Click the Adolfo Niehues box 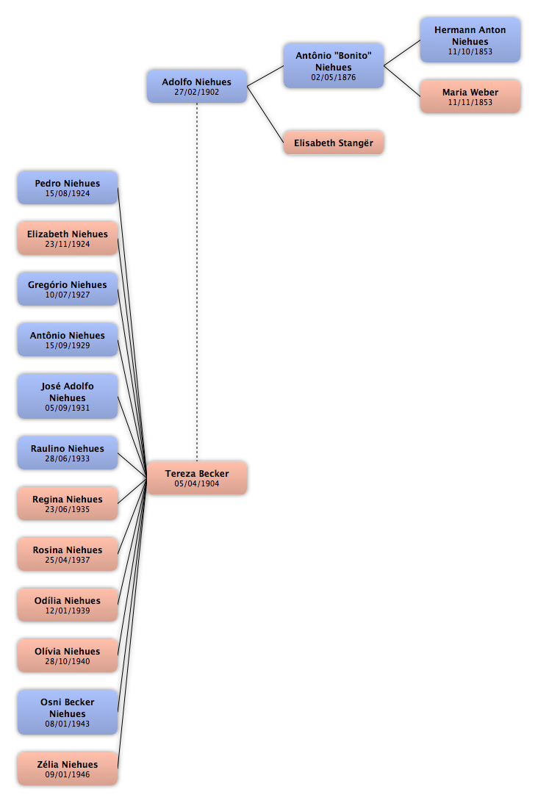(197, 86)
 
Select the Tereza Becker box (197, 478)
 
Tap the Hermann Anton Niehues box (470, 40)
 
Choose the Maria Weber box (470, 96)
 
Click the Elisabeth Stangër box (334, 143)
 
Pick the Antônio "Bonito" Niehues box (334, 65)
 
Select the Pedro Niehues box (68, 187)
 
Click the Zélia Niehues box (68, 768)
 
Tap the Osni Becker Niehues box (68, 713)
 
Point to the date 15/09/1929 (68, 346)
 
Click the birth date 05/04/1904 (197, 483)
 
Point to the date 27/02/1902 (197, 92)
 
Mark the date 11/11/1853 (470, 102)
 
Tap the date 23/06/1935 (68, 510)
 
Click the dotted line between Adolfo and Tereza (197, 282)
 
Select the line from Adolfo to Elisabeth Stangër (265, 114)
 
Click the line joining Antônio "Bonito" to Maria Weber (402, 81)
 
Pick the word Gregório (47, 285)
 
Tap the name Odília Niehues (68, 601)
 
